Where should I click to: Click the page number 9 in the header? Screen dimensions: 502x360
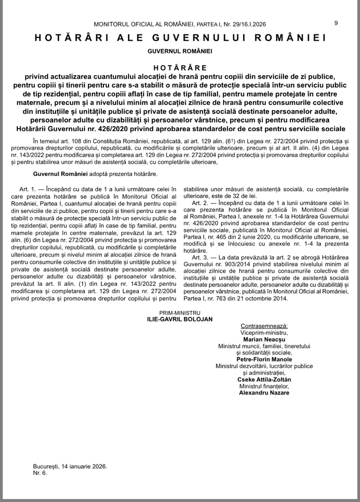336,23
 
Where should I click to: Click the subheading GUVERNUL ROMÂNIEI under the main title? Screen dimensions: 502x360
180,51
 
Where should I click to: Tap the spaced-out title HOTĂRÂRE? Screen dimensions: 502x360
180,67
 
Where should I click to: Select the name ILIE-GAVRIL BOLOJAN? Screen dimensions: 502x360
179,319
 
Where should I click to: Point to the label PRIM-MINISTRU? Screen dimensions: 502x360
179,312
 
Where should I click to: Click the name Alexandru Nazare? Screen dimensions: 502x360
264,393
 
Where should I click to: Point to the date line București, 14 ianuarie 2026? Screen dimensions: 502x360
70,466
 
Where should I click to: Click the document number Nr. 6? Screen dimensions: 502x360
40,473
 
